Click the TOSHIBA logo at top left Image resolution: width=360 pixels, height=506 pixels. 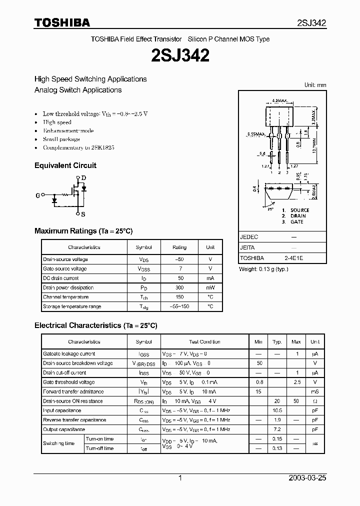pos(62,22)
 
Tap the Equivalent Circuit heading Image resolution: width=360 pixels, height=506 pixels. pos(65,165)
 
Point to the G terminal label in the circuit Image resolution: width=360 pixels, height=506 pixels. pos(37,195)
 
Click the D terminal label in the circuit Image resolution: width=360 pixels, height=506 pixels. pos(83,178)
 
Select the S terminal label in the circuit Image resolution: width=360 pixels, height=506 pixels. pos(83,214)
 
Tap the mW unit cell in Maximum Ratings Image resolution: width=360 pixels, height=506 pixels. pos(210,288)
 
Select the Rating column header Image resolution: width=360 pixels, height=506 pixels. pos(179,247)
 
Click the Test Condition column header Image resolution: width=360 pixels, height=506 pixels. pos(204,342)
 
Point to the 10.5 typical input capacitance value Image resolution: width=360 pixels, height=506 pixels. pos(277,410)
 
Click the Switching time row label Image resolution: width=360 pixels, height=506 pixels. pos(59,443)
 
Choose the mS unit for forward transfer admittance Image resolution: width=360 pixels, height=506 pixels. pos(314,391)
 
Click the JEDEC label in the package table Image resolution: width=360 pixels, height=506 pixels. pos(249,237)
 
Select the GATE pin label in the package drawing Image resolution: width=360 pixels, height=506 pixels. pos(296,221)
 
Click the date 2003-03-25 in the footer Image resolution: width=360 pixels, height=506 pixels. pos(307,478)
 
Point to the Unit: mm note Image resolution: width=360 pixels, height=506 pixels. pos(315,85)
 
